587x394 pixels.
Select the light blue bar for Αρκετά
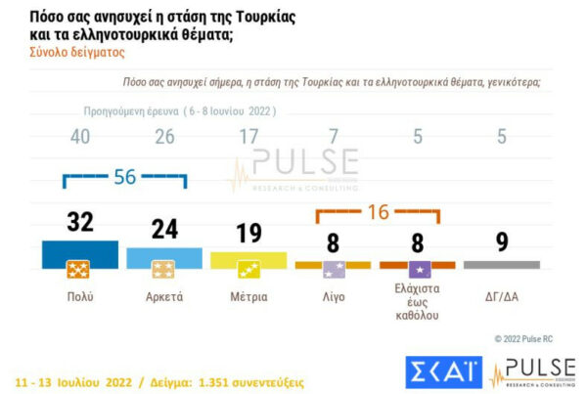[164, 257]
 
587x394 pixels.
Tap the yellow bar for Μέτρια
[248, 259]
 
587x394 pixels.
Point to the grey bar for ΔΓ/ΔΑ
[501, 264]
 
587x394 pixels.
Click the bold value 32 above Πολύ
[80, 222]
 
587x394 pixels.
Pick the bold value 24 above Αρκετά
[164, 229]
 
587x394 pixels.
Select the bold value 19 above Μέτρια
[248, 233]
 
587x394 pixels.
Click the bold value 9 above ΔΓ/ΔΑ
[501, 241]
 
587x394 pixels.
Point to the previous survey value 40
[80, 137]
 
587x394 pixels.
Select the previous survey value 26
[164, 137]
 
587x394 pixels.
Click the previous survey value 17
[248, 137]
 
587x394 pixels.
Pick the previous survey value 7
[334, 137]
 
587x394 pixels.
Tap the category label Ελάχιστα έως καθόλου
[418, 303]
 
